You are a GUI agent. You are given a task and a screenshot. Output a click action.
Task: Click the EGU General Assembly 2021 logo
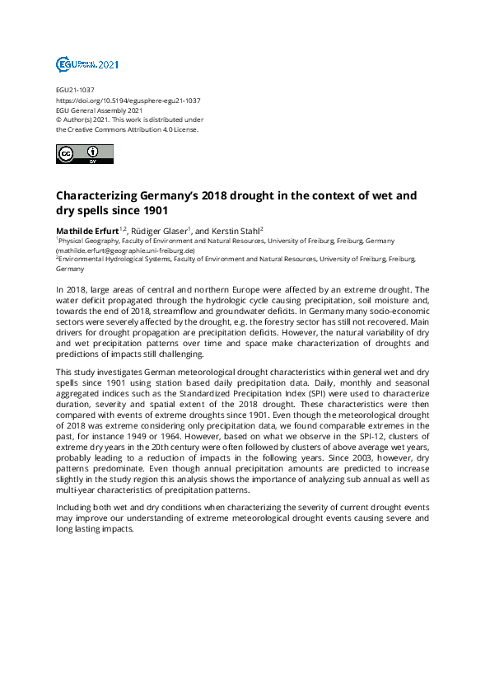point(86,64)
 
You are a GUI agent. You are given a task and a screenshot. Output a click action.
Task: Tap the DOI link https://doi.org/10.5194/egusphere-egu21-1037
point(128,101)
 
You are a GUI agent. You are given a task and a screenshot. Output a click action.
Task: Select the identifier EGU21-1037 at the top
point(76,91)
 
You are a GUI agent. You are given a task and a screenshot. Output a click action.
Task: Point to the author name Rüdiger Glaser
point(160,230)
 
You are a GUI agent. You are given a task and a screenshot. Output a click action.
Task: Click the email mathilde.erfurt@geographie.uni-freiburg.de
point(125,250)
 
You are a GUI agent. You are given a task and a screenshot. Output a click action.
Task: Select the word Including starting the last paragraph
point(76,508)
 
